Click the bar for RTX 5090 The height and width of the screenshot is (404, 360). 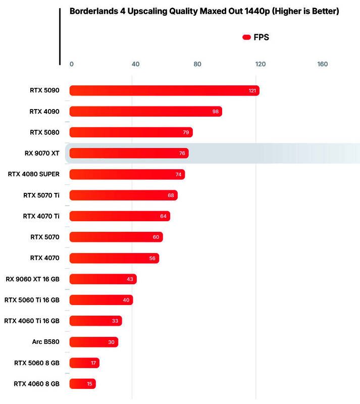pos(164,91)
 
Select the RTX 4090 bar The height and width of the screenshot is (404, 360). pos(145,112)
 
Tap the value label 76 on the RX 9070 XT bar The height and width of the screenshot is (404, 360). pos(182,153)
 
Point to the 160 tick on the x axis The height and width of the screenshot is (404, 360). pos(322,64)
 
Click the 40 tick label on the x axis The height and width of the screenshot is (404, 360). pos(135,64)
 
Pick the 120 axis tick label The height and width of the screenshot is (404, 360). pos(261,64)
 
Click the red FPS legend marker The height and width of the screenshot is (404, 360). pos(246,37)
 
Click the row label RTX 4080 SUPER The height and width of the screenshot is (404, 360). pos(34,174)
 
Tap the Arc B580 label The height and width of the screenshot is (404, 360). pos(45,342)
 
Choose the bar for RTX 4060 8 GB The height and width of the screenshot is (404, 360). pos(82,384)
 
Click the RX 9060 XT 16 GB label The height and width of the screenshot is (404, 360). pos(32,279)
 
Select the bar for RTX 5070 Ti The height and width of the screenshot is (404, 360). pos(123,195)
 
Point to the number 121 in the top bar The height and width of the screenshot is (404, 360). pos(252,91)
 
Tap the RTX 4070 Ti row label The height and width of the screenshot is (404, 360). pos(41,216)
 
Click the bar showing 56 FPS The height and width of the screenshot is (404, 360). pos(114,258)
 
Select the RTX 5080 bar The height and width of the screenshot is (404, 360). pos(131,132)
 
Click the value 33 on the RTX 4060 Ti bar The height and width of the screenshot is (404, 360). pos(115,321)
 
